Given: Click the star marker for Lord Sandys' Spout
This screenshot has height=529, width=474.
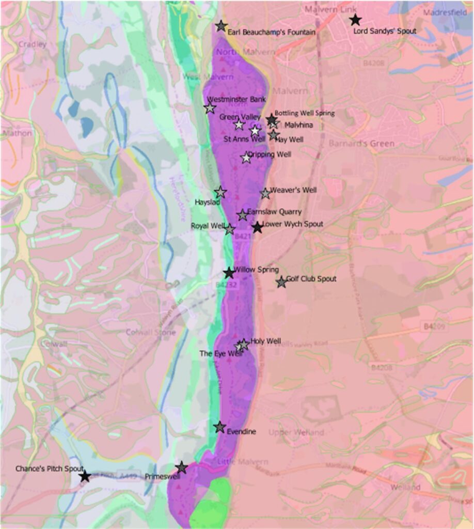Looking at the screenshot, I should click(x=355, y=20).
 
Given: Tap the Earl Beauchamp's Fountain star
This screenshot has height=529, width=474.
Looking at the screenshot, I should click(x=221, y=26).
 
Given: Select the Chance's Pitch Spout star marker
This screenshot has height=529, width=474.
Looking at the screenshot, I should click(x=85, y=476).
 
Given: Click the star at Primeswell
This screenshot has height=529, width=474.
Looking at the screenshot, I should click(x=181, y=468).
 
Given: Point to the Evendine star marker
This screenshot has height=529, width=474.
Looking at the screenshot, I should click(x=219, y=427).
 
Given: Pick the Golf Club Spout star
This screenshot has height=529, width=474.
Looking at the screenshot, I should click(x=281, y=282).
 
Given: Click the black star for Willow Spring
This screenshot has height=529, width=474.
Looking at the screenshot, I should click(x=229, y=273).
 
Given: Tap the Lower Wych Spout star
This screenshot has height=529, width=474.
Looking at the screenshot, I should click(x=257, y=227).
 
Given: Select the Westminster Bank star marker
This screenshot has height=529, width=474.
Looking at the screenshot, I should click(x=210, y=108).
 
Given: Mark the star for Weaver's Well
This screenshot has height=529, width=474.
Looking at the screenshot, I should click(x=265, y=193).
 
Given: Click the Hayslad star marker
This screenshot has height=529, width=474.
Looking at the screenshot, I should click(x=220, y=192).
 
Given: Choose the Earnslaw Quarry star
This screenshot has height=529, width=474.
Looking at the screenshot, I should click(x=242, y=215).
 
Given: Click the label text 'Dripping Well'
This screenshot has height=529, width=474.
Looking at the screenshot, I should click(x=270, y=154).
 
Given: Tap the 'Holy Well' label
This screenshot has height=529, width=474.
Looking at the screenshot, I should click(x=266, y=341).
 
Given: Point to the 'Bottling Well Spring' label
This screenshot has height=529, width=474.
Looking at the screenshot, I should click(x=304, y=113).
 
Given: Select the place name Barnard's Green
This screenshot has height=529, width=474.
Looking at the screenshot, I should click(x=361, y=144).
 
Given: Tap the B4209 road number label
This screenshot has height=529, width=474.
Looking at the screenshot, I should click(x=436, y=326).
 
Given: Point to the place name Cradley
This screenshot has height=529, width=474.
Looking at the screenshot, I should click(x=32, y=44).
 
